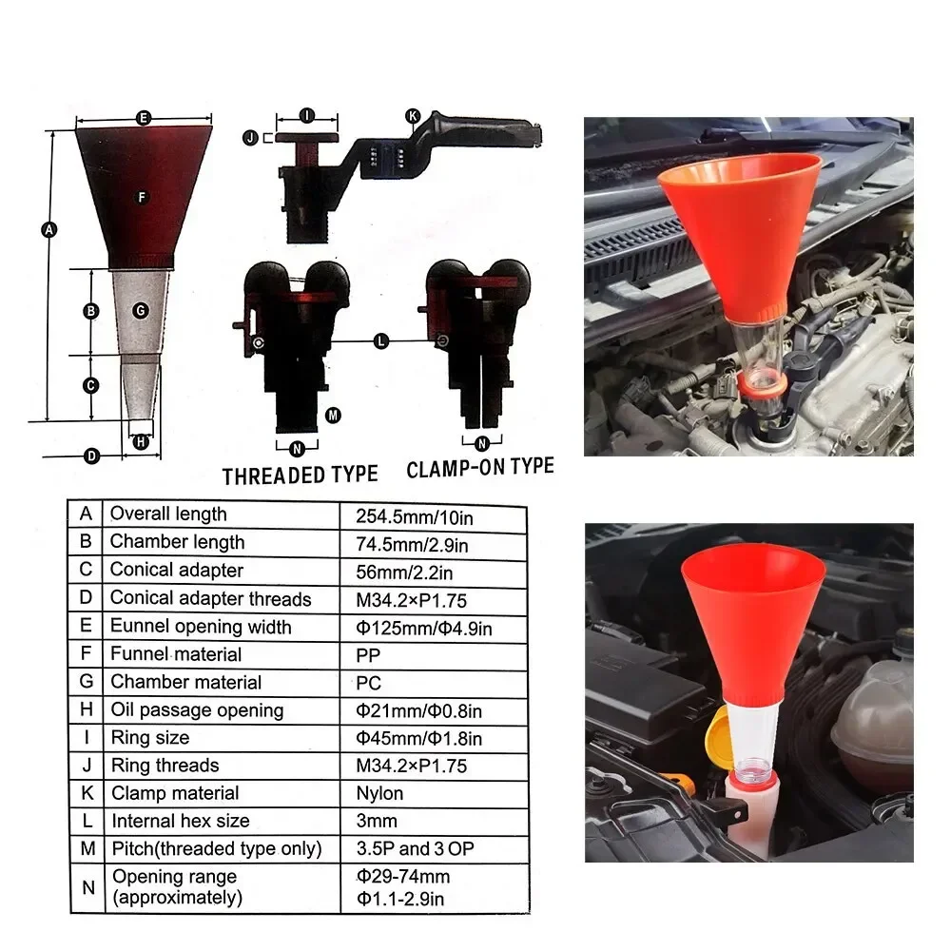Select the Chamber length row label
177,542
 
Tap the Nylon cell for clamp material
379,793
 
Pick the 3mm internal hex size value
377,821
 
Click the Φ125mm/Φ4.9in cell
424,628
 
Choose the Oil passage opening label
196,710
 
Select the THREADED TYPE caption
300,475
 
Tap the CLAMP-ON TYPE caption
479,468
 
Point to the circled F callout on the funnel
141,197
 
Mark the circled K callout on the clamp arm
413,116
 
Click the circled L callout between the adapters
381,340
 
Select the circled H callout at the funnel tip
141,441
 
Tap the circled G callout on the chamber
141,310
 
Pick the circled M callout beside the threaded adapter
333,416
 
